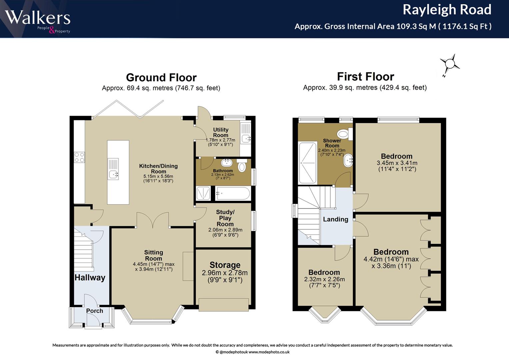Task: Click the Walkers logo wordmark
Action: [38, 18]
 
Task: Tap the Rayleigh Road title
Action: [447, 10]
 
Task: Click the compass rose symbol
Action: [450, 64]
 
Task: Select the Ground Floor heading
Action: [161, 77]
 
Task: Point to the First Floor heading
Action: [365, 77]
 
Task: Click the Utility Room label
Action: [221, 132]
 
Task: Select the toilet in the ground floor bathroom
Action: [242, 165]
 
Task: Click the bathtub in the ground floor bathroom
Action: [233, 193]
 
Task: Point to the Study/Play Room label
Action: [225, 218]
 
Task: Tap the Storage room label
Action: [225, 265]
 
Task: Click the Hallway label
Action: [90, 277]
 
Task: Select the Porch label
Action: [95, 311]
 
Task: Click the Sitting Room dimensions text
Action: [154, 267]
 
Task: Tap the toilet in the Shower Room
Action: [345, 134]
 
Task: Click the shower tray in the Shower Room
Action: [308, 163]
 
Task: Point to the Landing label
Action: [336, 219]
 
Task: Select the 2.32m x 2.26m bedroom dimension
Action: [324, 279]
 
